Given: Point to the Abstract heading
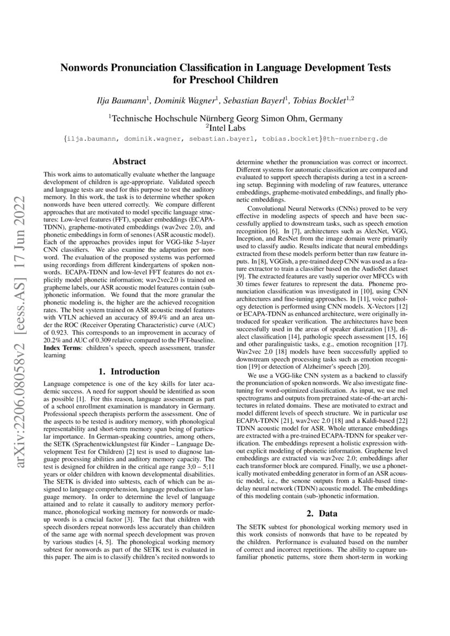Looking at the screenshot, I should coord(129,162).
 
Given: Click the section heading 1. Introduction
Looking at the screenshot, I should coord(129,372).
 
